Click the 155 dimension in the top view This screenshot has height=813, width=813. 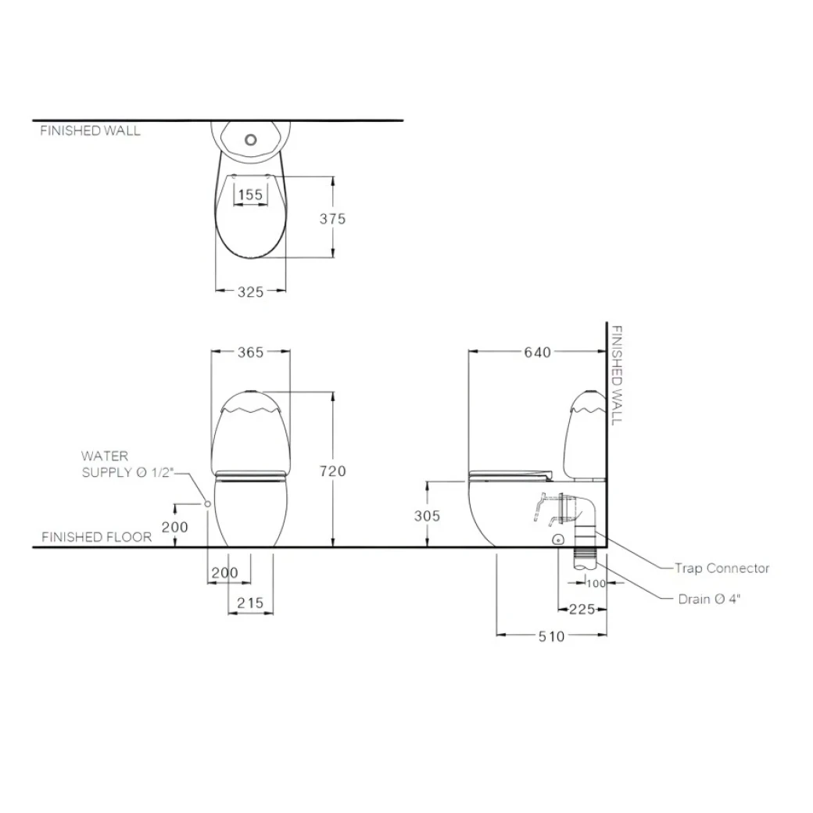point(250,195)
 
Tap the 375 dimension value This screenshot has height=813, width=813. point(331,219)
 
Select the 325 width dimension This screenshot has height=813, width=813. point(250,292)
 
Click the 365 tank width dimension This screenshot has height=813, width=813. point(250,353)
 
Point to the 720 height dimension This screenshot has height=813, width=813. point(332,471)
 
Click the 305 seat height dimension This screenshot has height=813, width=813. point(427,516)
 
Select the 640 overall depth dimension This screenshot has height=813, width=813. point(538,353)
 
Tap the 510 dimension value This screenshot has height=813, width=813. point(551,636)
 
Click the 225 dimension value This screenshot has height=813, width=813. point(582,610)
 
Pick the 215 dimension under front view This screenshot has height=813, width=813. point(249,603)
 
